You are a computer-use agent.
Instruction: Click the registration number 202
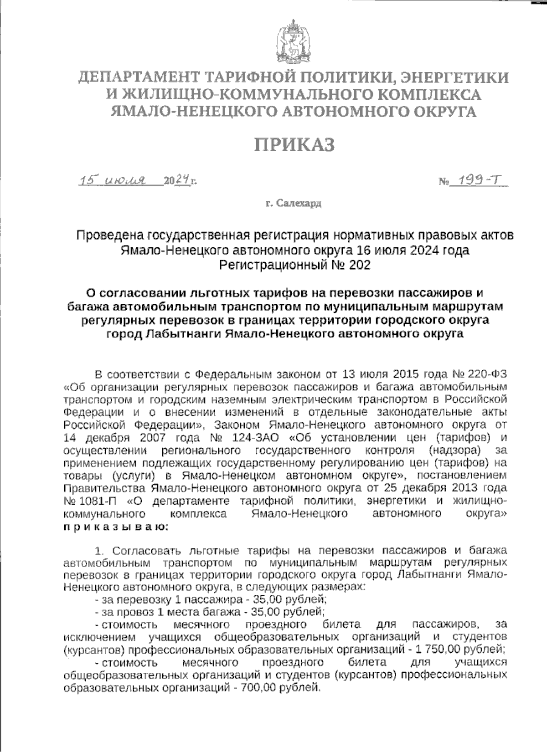point(359,265)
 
